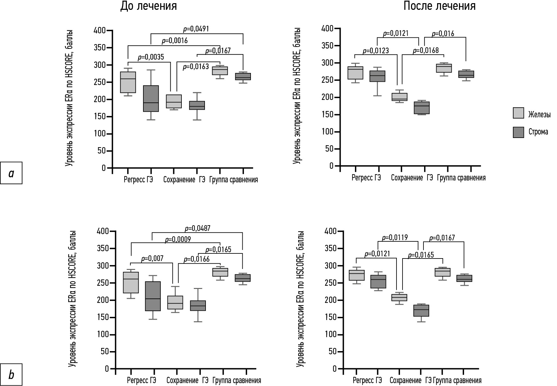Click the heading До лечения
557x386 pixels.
(x=148, y=6)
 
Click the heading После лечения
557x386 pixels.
(x=439, y=6)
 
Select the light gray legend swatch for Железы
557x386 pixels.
(x=518, y=113)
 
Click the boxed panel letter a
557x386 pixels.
(x=11, y=173)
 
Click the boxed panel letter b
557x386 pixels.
(x=11, y=375)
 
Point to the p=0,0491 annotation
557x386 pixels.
(x=196, y=29)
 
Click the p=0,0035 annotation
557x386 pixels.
(x=151, y=57)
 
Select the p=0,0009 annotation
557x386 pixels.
(x=178, y=239)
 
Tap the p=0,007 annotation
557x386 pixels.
(x=152, y=259)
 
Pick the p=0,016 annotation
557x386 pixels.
(x=443, y=34)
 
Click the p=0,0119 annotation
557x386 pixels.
(x=395, y=238)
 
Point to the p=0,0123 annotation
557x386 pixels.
(x=376, y=51)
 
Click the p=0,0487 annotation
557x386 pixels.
(x=197, y=228)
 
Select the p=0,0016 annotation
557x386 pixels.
(x=174, y=41)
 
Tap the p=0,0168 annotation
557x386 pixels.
(x=426, y=50)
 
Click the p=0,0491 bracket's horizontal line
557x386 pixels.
(x=197, y=33)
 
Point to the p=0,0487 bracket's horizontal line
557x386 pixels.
(x=197, y=232)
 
